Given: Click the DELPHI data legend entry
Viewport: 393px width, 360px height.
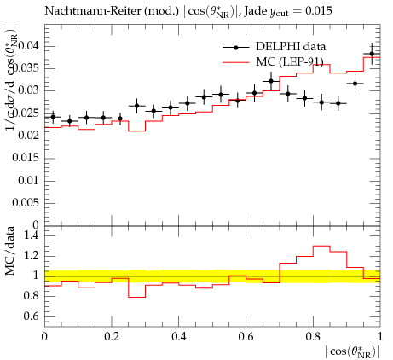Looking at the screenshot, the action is (274, 47).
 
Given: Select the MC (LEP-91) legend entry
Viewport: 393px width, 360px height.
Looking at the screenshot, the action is (273, 61).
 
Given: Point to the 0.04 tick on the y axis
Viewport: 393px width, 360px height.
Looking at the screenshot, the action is (29, 46).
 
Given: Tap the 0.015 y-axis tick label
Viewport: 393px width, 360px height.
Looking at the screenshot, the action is (26, 158).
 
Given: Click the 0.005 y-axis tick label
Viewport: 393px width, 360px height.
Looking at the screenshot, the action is (26, 203).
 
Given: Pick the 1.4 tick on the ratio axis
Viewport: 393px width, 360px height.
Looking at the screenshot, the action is (32, 235).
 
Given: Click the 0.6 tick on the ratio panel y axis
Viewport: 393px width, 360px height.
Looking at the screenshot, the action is (32, 316).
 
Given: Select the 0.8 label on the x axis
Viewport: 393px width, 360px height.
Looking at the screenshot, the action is (313, 337).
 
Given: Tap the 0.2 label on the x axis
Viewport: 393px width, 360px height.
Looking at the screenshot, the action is (112, 337).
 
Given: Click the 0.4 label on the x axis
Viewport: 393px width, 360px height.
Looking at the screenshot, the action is (179, 337).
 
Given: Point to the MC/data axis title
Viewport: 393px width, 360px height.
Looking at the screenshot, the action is (10, 251).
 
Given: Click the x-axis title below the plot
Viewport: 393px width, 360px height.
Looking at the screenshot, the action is (352, 352).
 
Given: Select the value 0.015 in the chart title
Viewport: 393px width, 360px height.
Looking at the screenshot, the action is (318, 11).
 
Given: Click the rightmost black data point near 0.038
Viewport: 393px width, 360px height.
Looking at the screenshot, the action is (372, 54).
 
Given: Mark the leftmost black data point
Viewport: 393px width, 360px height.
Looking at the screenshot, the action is (53, 117).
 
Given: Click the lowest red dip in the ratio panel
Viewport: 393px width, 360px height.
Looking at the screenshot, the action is (137, 297).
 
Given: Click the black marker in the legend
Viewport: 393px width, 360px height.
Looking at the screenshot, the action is (235, 48).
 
